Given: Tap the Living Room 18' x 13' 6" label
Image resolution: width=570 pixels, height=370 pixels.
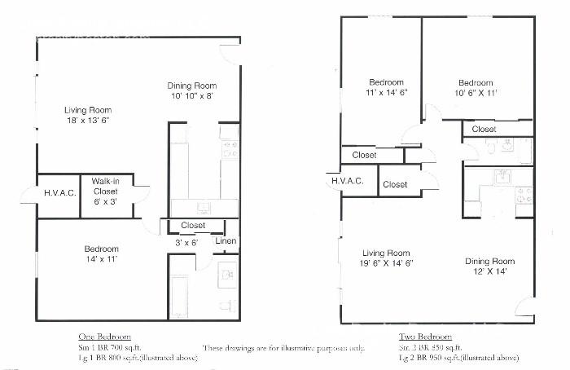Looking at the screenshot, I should click(89, 115).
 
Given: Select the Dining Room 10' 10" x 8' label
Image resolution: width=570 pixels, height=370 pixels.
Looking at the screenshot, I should click(191, 90).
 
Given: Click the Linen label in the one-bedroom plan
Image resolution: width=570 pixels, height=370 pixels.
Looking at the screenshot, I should click(226, 240).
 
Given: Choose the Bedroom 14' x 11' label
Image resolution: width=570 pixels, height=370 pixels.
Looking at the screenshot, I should click(102, 254).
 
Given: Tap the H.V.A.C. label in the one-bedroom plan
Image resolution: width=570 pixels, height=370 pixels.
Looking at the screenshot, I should click(59, 193).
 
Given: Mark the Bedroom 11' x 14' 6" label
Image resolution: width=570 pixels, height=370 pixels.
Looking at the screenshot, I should click(385, 87).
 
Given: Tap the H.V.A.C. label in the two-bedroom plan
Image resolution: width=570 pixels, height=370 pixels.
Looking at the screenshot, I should click(347, 181).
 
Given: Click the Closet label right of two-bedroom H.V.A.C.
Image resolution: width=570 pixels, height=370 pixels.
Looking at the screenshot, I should click(395, 185).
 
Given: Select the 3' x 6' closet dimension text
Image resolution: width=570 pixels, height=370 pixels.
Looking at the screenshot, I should click(186, 243).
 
